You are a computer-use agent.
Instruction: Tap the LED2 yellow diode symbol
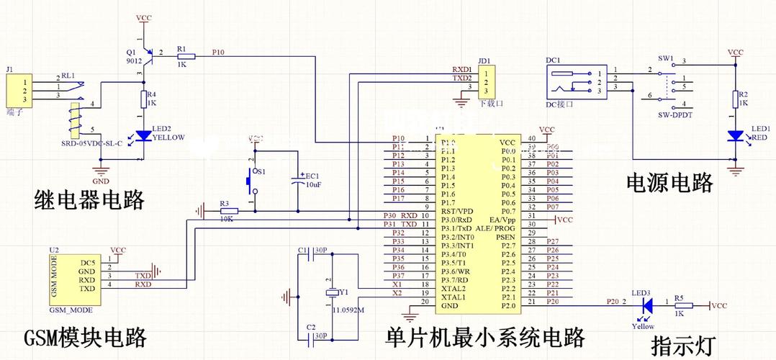coord(144,135)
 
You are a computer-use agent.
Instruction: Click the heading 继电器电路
coord(89,199)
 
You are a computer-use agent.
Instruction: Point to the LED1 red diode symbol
coord(734,135)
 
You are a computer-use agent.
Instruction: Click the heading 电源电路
coord(669,183)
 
